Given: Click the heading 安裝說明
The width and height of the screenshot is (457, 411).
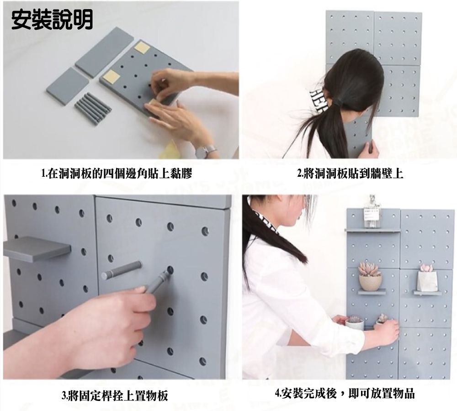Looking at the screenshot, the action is tap(52, 20).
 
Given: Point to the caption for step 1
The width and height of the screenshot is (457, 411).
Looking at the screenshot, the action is tap(117, 174).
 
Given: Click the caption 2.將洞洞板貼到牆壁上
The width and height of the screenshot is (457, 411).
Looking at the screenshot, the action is tap(350, 174).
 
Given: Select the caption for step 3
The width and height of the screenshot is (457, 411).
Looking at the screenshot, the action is tap(115, 396).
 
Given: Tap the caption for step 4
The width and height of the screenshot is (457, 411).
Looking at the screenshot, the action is tap(345, 394).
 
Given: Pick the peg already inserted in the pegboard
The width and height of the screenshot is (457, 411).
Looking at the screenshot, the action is tap(121, 270).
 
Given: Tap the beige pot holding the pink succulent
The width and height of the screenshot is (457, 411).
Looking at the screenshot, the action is tap(370, 283).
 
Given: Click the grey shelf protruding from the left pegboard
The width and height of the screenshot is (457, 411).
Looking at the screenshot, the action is tap(37, 248).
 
